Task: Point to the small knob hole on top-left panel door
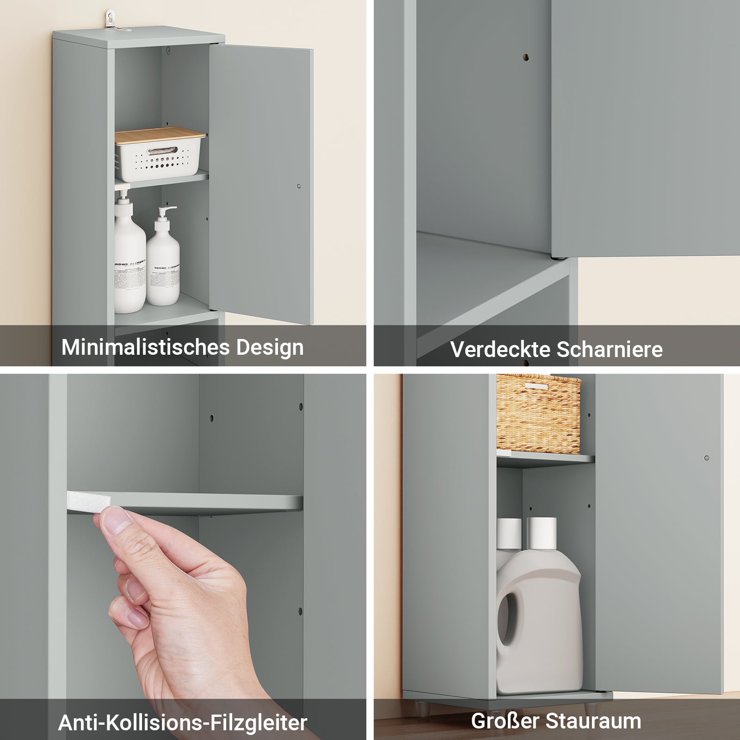298,186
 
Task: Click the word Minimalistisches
145,347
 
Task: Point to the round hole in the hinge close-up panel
526,58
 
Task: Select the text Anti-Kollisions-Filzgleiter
182,722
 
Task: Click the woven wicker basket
538,414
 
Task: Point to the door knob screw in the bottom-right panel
706,458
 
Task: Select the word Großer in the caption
505,721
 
